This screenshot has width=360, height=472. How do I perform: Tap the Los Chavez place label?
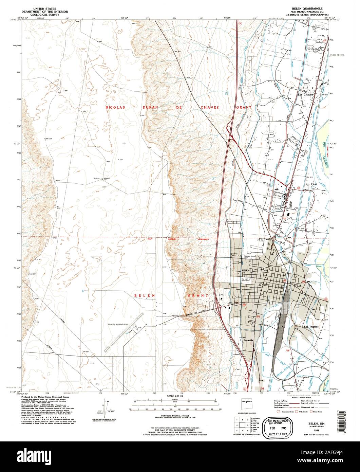point(305,94)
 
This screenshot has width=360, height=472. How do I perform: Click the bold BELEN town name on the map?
point(245,270)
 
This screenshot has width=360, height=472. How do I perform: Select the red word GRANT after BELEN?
point(198,295)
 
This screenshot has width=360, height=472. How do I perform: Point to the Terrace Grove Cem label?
point(250,257)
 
